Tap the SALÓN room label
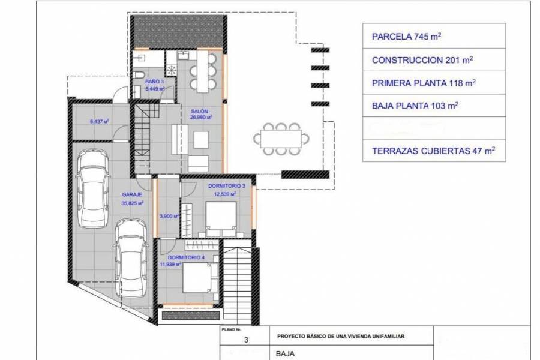(x=200, y=111)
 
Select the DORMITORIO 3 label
(x=223, y=186)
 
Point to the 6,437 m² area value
(x=99, y=121)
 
